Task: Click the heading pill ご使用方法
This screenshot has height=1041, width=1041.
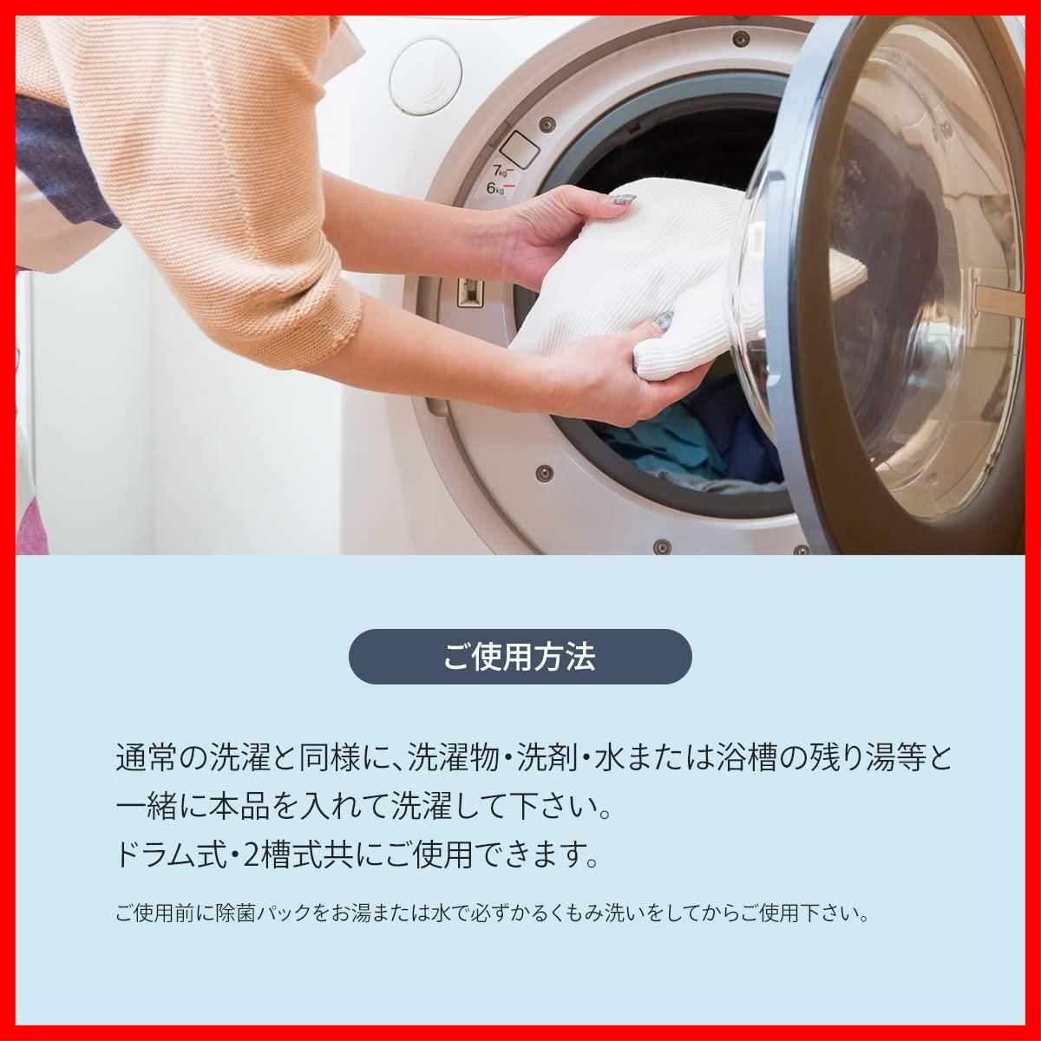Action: (520, 657)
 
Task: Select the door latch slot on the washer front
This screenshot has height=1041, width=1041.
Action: (468, 292)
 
